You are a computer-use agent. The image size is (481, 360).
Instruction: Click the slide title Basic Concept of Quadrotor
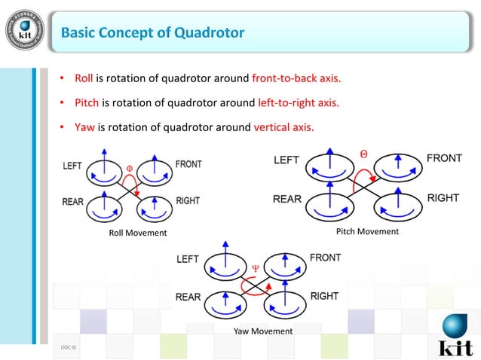tap(152, 32)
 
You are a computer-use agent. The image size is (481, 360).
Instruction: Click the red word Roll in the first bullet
tap(84, 78)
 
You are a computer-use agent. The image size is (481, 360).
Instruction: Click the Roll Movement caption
tap(138, 233)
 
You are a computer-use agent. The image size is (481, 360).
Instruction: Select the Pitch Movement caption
tap(367, 231)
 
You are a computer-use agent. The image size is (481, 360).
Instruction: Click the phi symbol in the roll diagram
tap(129, 168)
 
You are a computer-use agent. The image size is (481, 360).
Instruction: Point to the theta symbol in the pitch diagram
tap(364, 154)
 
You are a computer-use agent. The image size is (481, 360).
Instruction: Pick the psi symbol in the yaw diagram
tap(255, 266)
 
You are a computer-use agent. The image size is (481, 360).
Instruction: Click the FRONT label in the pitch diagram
tap(444, 159)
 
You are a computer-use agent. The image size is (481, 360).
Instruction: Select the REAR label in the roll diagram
tap(73, 202)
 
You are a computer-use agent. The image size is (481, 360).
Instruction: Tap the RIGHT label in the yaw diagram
tap(324, 296)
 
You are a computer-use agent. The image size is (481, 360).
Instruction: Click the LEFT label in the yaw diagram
tap(188, 259)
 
